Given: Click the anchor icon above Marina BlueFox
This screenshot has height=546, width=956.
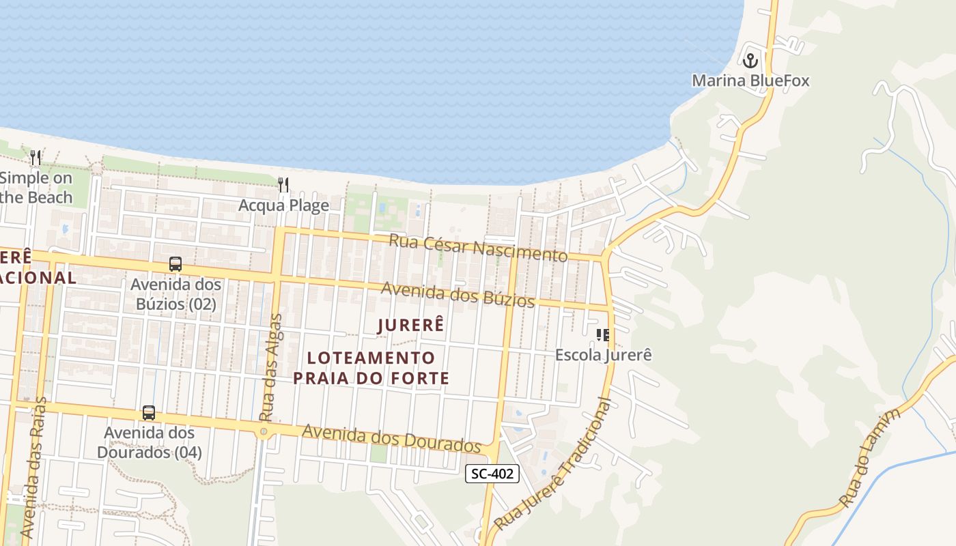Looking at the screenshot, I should click(x=750, y=61).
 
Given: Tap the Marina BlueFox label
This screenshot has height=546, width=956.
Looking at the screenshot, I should click(x=750, y=81).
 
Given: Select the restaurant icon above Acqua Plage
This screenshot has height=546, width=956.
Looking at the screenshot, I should click(x=283, y=184).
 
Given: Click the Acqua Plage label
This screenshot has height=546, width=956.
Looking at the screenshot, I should click(x=283, y=205).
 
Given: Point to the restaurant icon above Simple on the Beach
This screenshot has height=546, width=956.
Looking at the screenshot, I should click(x=36, y=158).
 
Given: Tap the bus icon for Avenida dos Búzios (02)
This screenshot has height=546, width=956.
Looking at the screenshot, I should click(x=175, y=264).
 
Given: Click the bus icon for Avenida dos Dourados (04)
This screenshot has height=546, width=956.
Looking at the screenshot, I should click(x=149, y=413).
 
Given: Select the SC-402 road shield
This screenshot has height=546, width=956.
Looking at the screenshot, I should click(x=492, y=474).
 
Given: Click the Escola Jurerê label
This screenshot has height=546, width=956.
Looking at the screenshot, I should click(x=604, y=355).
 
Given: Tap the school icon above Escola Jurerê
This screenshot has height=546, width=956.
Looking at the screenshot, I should click(x=603, y=334).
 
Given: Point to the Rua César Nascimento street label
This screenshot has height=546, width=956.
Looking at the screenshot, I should click(x=478, y=247).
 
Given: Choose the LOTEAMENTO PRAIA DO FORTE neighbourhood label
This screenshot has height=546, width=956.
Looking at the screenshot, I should click(x=371, y=368).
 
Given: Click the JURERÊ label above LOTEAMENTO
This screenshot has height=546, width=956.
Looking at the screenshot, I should click(x=410, y=326).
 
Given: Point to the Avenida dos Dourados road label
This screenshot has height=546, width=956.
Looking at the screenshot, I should click(x=392, y=439).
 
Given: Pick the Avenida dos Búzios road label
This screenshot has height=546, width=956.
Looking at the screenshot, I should click(x=458, y=295).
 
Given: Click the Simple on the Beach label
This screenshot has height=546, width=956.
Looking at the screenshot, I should click(x=36, y=188).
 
